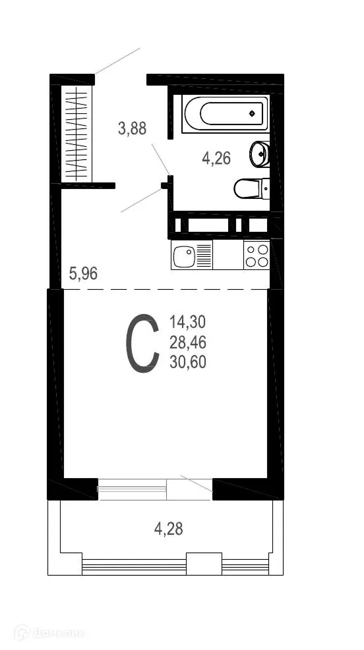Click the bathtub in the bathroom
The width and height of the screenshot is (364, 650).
click(x=225, y=114)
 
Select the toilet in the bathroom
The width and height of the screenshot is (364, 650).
click(x=251, y=188)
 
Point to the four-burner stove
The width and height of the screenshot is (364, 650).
click(x=257, y=255)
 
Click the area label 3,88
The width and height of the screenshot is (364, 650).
click(x=132, y=128)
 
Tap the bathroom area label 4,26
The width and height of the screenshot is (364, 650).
click(x=216, y=158)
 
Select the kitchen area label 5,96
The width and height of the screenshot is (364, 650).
click(x=83, y=273)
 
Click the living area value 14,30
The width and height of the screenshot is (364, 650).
click(x=188, y=322)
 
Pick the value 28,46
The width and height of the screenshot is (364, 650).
click(x=188, y=342)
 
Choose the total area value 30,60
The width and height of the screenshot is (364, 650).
click(x=188, y=362)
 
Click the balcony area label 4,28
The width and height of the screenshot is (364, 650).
click(x=168, y=528)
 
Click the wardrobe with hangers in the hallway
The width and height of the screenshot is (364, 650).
click(x=77, y=132)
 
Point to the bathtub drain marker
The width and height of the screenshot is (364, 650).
click(x=252, y=114)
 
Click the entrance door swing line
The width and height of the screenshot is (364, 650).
click(x=117, y=61)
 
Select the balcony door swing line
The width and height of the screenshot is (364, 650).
click(x=196, y=483)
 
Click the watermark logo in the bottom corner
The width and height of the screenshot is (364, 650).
click(x=50, y=634)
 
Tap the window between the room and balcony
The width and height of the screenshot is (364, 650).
click(x=131, y=488)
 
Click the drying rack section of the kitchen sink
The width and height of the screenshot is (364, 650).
click(x=204, y=255)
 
